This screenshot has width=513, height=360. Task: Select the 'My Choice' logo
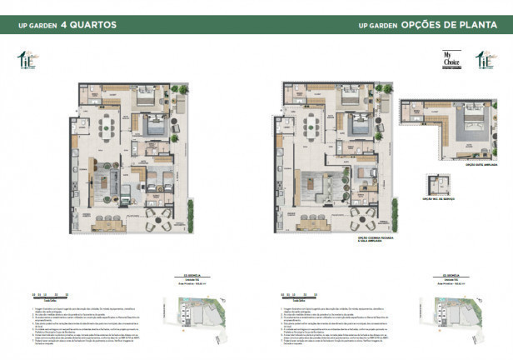click(x=453, y=60)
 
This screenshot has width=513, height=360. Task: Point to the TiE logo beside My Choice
click(x=482, y=60)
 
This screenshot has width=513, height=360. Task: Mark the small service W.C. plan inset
click(x=438, y=184)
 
